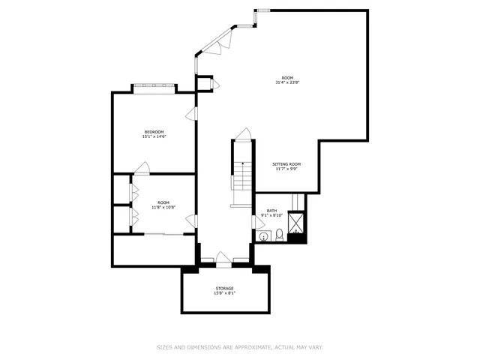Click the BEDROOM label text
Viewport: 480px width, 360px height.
[x=154, y=132]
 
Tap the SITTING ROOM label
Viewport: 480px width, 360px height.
[x=286, y=164]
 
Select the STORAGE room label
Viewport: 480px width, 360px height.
[x=224, y=288]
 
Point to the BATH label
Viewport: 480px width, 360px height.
[x=271, y=211]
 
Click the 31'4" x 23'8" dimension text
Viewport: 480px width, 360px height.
[x=287, y=82]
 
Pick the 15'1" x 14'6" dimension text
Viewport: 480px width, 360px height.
[x=154, y=136]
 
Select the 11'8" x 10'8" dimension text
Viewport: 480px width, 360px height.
[x=163, y=207]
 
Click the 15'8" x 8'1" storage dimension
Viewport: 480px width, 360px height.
[x=224, y=293]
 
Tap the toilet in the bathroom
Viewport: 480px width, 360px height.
[x=279, y=236]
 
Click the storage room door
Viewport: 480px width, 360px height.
[x=223, y=259]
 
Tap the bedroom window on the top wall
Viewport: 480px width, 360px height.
[x=154, y=87]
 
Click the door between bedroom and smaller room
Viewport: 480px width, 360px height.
[x=142, y=168]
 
